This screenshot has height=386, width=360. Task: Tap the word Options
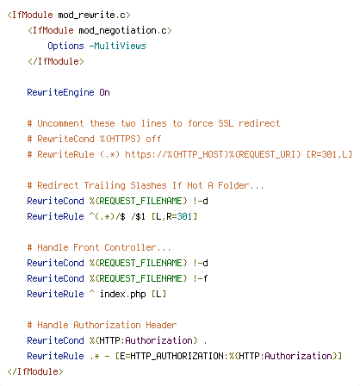pyautogui.click(x=65, y=46)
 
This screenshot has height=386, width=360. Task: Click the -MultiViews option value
pyautogui.click(x=117, y=46)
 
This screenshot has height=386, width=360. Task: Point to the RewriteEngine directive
pyautogui.click(x=60, y=92)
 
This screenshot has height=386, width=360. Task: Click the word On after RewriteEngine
pyautogui.click(x=104, y=92)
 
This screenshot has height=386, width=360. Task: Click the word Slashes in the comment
pyautogui.click(x=148, y=185)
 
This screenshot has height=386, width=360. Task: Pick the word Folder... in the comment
pyautogui.click(x=240, y=185)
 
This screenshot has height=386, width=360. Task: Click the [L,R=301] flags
pyautogui.click(x=174, y=216)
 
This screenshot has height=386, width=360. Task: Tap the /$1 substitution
pyautogui.click(x=138, y=216)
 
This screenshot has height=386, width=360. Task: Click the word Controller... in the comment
pyautogui.click(x=138, y=247)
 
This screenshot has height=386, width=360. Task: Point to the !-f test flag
pyautogui.click(x=200, y=278)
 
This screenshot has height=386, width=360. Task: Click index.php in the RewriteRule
pyautogui.click(x=123, y=294)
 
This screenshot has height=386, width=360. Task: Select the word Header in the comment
pyautogui.click(x=161, y=325)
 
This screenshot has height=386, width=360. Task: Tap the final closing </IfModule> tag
pyautogui.click(x=35, y=371)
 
